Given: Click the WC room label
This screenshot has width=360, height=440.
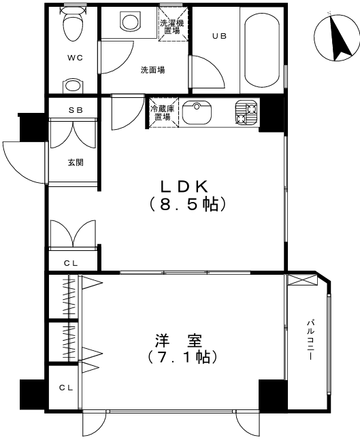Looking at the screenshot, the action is [x=75, y=58].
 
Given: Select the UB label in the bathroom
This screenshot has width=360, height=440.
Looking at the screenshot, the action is [x=219, y=36].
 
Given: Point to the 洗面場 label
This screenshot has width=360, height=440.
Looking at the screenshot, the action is [x=152, y=70].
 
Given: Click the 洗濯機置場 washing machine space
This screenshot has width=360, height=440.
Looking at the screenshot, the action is [x=172, y=24].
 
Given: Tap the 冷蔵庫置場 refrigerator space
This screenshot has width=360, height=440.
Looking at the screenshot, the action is [x=163, y=113].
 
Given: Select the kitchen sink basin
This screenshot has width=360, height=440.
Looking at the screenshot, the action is [x=197, y=112].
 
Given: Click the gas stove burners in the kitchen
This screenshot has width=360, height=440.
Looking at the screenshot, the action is [x=246, y=112].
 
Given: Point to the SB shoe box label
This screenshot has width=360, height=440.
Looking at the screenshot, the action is [x=76, y=110].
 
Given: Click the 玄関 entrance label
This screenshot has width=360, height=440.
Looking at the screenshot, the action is [x=76, y=162].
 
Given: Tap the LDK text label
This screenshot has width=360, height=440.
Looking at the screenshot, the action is [x=184, y=186].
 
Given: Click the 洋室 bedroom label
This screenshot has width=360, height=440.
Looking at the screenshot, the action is [x=178, y=341].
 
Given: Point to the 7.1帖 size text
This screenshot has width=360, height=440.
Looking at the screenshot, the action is [x=182, y=357].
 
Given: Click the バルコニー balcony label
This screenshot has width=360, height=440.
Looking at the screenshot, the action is [x=310, y=340].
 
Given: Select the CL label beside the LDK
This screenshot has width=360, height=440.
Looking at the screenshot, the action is [x=71, y=263].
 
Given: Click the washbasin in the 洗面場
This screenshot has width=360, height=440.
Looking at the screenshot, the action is [x=130, y=21].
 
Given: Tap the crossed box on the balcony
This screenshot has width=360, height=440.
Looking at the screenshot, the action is [x=302, y=280].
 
